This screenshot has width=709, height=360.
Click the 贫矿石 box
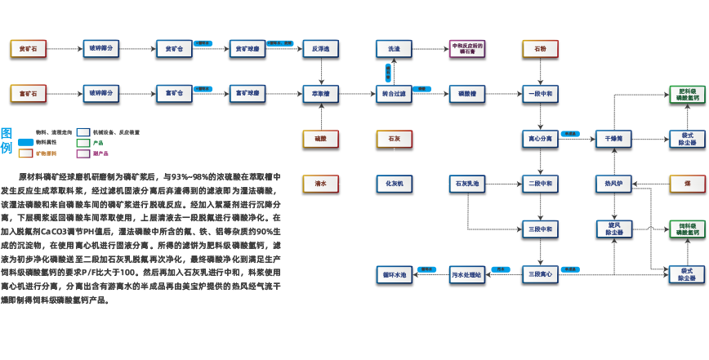28,48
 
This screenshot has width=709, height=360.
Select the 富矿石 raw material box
28,93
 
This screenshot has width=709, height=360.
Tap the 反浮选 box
320,48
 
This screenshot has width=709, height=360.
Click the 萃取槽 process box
320,93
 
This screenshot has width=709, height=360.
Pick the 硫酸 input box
320,139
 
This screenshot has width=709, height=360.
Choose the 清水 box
320,184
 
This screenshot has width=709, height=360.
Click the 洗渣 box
394,48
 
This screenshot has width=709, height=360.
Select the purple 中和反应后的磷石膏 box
467,48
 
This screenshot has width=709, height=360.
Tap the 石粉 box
540,48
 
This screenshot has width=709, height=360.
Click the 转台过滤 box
394,93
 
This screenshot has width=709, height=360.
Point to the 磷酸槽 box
467,93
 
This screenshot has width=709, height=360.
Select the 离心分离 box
540,139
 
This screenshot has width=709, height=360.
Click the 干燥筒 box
613,139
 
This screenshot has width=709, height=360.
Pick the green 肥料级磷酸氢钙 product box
687,93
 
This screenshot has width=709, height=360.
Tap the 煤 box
687,184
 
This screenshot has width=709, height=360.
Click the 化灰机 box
394,184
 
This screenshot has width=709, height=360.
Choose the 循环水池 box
394,274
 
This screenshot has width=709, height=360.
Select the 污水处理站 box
467,274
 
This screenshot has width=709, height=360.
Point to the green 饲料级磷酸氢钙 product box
687,229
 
